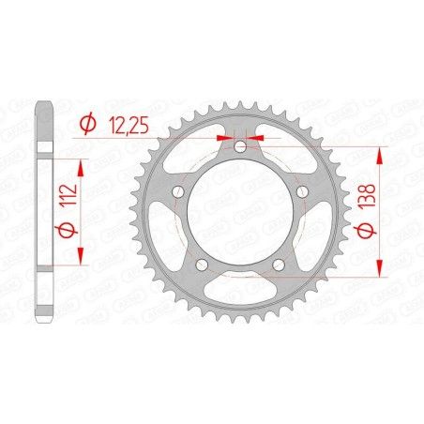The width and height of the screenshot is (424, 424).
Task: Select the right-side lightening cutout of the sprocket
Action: point(315,235)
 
